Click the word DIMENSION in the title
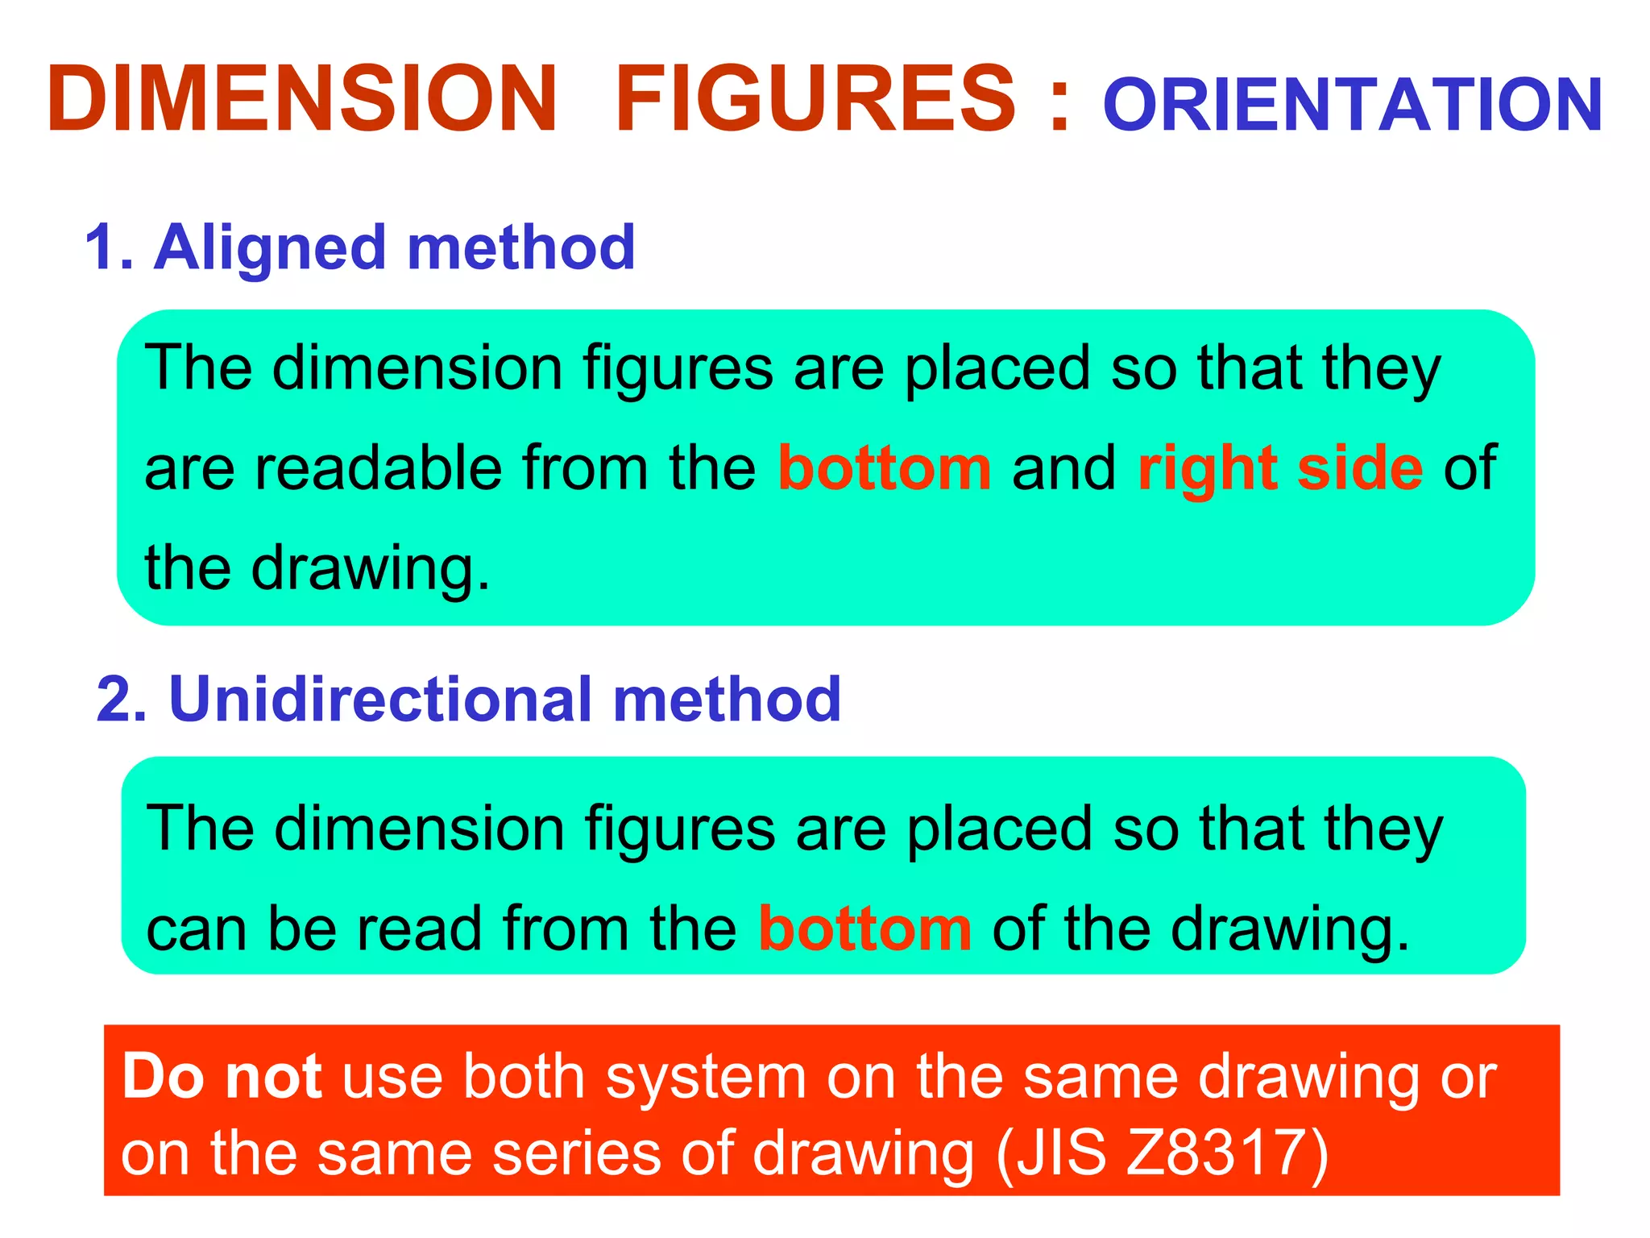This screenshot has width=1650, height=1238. (302, 98)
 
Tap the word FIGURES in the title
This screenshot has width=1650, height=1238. (815, 98)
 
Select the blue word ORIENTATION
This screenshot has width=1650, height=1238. (1353, 106)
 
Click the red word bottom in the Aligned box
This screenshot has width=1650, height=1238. (884, 468)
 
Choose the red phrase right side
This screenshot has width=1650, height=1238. (1280, 468)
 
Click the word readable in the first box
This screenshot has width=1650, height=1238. (378, 468)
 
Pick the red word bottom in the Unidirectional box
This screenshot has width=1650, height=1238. (864, 928)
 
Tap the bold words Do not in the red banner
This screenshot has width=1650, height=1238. (222, 1077)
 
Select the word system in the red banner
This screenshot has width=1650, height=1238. (706, 1078)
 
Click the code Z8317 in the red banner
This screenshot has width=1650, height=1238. (1216, 1153)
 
